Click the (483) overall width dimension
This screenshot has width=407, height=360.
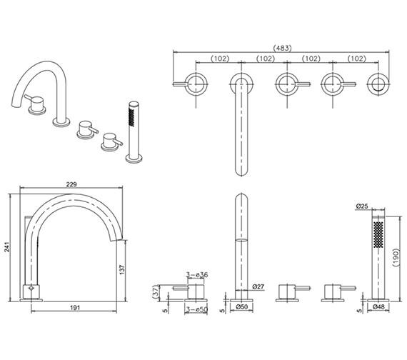click(x=283, y=48)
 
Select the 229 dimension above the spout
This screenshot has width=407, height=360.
click(x=71, y=184)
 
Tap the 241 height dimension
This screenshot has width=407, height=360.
click(x=6, y=246)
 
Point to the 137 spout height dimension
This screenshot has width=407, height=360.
click(x=122, y=269)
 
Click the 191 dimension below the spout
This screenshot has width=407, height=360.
click(x=75, y=308)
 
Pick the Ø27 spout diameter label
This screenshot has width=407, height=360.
click(x=258, y=286)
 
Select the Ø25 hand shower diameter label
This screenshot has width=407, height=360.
click(x=362, y=206)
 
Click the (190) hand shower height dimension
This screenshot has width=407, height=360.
click(x=396, y=257)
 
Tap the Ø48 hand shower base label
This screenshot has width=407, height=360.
click(x=378, y=306)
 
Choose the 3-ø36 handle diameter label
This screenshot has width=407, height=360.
click(x=197, y=274)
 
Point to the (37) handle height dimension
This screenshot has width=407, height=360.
click(x=156, y=293)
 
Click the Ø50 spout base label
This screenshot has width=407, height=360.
click(x=241, y=306)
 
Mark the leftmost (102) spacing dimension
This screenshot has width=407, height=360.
click(x=220, y=59)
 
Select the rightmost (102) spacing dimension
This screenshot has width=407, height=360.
click(x=356, y=59)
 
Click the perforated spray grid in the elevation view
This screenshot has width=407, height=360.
click(x=378, y=234)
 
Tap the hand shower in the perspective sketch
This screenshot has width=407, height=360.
click(x=134, y=132)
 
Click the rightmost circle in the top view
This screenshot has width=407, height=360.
click(x=378, y=84)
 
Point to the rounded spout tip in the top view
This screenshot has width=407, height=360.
click(x=241, y=172)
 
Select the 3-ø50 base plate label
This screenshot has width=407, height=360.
click(x=196, y=310)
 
